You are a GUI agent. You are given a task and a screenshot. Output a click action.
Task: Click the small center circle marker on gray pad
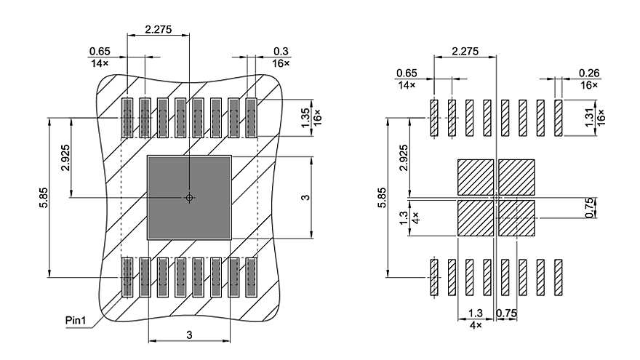tap(189, 197)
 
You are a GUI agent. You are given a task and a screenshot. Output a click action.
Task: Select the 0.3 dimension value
tap(281, 51)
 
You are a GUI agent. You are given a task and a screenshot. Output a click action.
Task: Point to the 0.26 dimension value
tap(588, 73)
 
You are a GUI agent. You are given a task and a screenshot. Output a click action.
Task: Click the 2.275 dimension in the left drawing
tap(158, 29)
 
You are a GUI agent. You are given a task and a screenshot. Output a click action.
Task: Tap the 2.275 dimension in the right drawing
tap(465, 51)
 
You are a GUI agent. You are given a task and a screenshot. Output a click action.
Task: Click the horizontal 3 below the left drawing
tap(189, 335)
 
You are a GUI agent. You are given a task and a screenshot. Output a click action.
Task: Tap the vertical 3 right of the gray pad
tap(306, 197)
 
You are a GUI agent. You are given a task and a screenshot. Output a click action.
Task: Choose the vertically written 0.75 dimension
tap(591, 207)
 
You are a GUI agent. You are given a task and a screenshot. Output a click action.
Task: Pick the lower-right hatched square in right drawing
tap(516, 218)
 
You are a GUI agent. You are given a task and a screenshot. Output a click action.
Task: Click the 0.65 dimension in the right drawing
tap(407, 73)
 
